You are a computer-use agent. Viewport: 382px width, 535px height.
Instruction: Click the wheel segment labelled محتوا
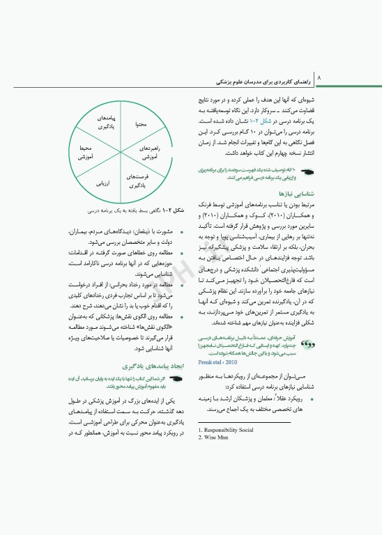[141, 123]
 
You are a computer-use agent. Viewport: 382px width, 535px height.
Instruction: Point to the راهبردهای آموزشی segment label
[150, 153]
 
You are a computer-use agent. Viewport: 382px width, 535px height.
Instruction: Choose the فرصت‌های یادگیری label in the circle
[137, 180]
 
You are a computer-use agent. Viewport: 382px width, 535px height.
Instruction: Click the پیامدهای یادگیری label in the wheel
[105, 123]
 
